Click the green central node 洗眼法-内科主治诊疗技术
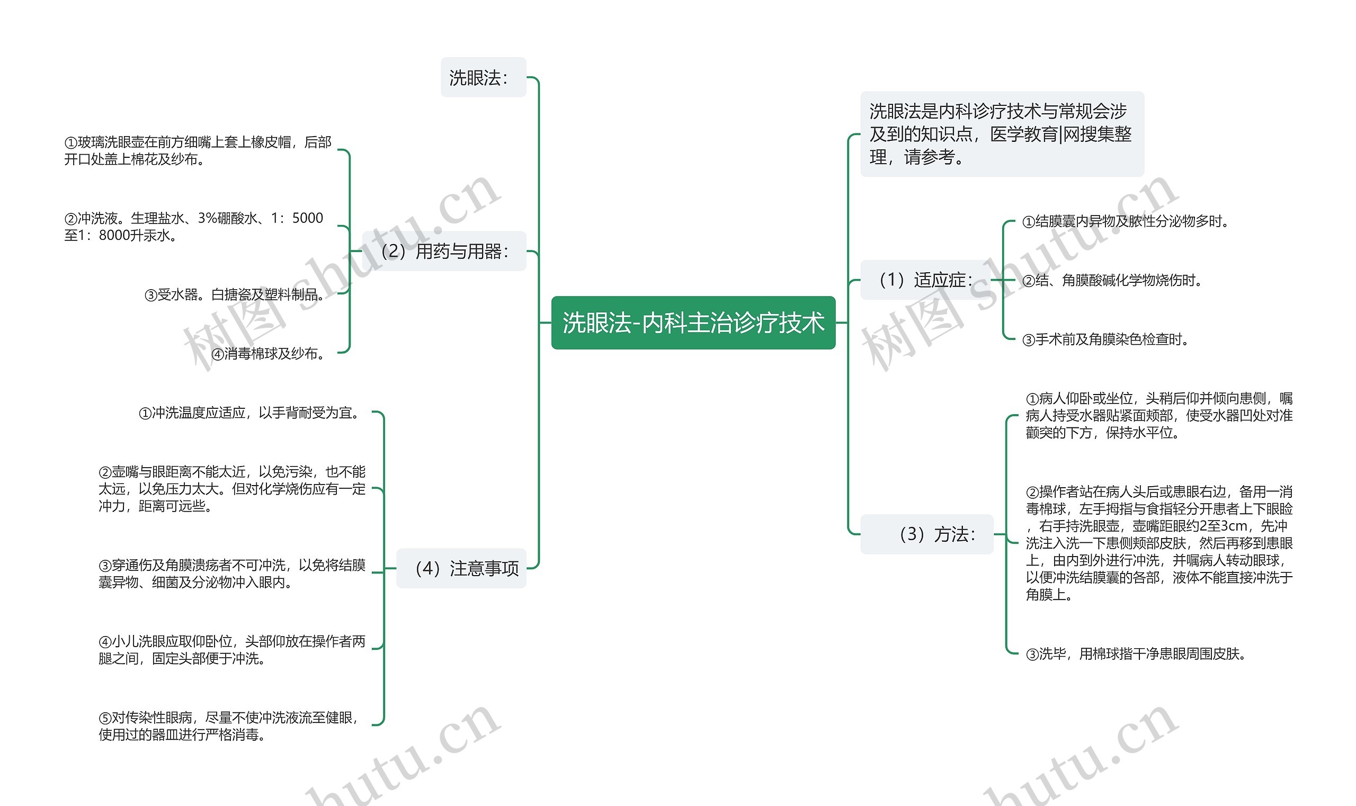693,323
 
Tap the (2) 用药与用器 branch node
444,252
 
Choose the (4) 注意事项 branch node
461,569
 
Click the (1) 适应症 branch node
925,280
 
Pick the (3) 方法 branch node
927,534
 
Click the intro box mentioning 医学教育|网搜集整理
1001,134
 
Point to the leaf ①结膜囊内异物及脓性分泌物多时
1125,221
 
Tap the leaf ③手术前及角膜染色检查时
1105,340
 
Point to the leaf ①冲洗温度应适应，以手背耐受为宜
251,413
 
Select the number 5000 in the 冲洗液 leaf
308,218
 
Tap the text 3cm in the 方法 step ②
1232,526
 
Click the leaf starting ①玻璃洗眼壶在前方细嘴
198,150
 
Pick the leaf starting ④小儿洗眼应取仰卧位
232,650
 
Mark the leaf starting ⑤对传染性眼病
229,726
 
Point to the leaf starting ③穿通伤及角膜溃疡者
232,574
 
